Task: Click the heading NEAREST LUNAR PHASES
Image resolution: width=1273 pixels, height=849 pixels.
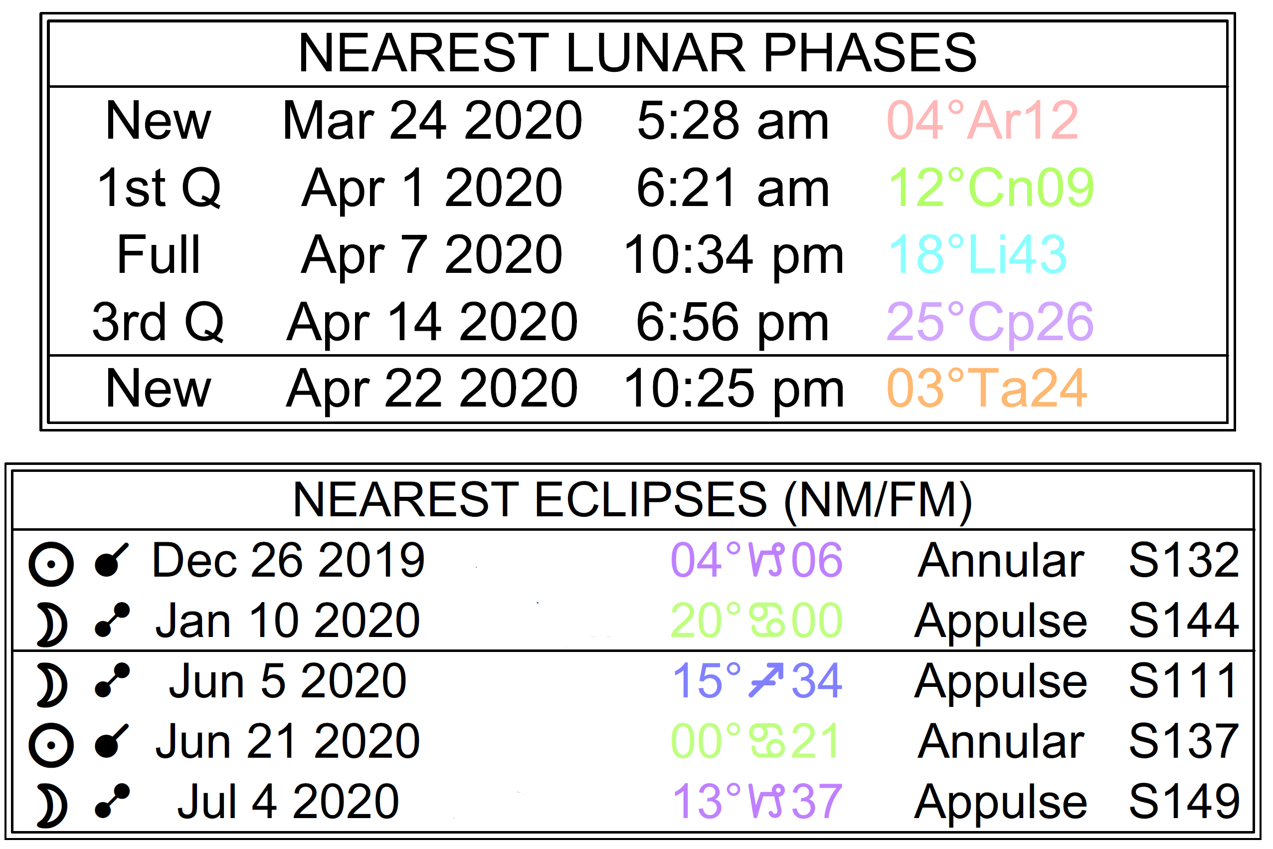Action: coord(637,52)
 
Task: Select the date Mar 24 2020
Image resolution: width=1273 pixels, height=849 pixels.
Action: coord(432,120)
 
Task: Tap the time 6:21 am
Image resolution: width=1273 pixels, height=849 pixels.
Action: coord(732,188)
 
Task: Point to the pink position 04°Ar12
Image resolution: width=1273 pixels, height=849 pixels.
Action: coord(982,120)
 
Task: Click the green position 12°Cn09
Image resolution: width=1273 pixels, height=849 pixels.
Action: coord(991,188)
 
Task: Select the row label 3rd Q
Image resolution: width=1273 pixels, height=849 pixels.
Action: coord(158,323)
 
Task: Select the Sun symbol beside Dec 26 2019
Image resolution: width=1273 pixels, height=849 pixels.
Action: coord(51,564)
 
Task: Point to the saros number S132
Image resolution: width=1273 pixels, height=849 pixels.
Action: coord(1184,560)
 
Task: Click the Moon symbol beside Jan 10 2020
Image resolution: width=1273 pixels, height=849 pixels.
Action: coord(53,626)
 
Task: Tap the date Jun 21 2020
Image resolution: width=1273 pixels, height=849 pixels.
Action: coord(287,741)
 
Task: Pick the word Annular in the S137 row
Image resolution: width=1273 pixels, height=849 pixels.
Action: coord(1001,741)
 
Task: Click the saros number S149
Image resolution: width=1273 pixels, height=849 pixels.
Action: coord(1184,801)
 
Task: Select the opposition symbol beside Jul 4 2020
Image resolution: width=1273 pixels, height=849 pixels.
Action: coord(112,801)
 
